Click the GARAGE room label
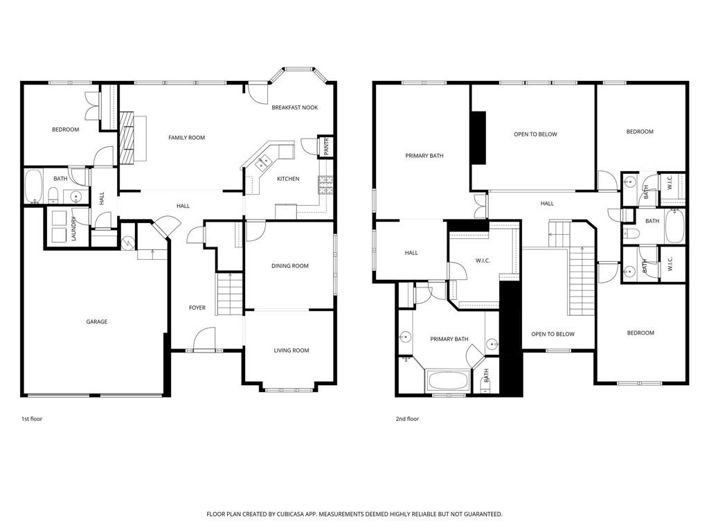(96, 321)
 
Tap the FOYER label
(197, 308)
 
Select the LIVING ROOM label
(291, 351)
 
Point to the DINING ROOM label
(290, 266)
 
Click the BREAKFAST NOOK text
(294, 107)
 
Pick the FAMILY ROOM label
(187, 138)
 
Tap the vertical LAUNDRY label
(73, 229)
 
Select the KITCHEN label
(288, 179)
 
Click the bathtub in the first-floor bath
(34, 186)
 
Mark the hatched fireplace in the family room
(126, 137)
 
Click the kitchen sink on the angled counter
(264, 163)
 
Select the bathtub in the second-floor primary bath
(447, 380)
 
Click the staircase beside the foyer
(230, 293)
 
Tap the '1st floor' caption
(32, 419)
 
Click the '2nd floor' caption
(408, 419)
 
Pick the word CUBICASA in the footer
(291, 514)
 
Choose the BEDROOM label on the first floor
(65, 130)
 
